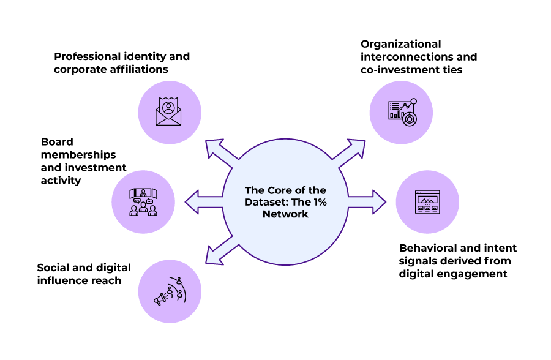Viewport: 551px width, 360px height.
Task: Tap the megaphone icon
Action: (x=160, y=299)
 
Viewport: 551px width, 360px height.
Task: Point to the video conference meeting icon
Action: (x=143, y=201)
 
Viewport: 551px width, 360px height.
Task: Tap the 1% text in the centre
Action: (x=319, y=202)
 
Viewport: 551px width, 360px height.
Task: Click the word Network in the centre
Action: (x=285, y=214)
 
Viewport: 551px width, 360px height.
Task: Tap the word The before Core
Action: (x=255, y=190)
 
